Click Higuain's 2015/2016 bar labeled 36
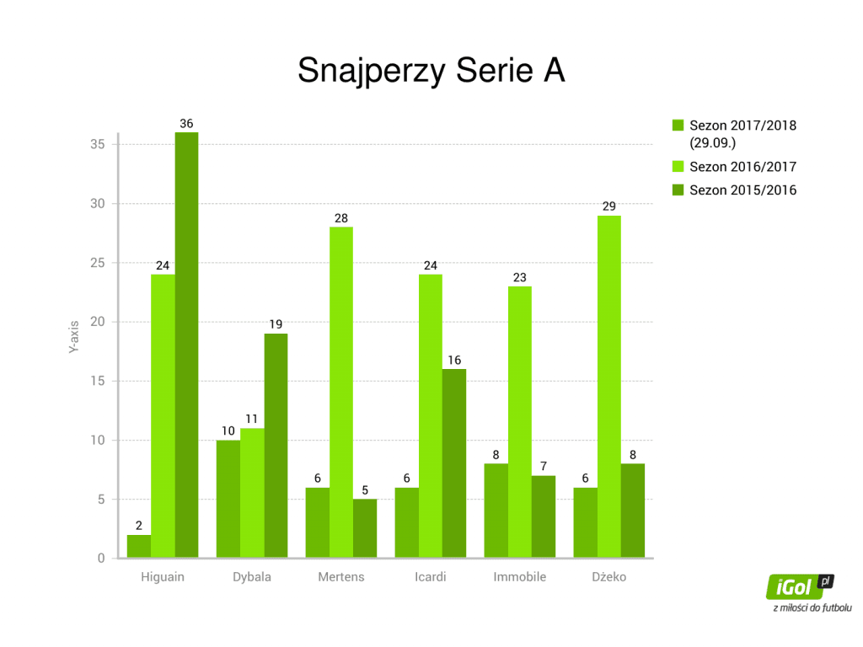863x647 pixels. (x=186, y=345)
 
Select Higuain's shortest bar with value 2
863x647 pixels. (x=139, y=546)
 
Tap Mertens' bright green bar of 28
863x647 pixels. (x=341, y=393)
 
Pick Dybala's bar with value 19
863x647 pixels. (x=276, y=446)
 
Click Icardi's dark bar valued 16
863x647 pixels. (x=454, y=463)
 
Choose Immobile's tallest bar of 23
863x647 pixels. (x=519, y=422)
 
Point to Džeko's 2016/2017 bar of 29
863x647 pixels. (x=609, y=387)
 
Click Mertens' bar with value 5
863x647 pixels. (x=365, y=528)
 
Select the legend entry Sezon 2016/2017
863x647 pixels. (x=734, y=167)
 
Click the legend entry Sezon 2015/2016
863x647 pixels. (x=734, y=190)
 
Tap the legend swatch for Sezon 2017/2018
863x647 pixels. (x=678, y=126)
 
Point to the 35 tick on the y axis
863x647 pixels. (x=98, y=144)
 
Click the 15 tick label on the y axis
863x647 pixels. (x=98, y=381)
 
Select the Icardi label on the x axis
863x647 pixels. (x=431, y=576)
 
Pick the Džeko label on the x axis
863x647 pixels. (x=609, y=576)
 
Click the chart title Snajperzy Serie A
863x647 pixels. (x=431, y=71)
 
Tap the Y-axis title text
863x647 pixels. (x=74, y=337)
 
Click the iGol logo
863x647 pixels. (x=801, y=587)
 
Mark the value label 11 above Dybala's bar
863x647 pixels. (x=251, y=420)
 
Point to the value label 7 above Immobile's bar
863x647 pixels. (x=544, y=467)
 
